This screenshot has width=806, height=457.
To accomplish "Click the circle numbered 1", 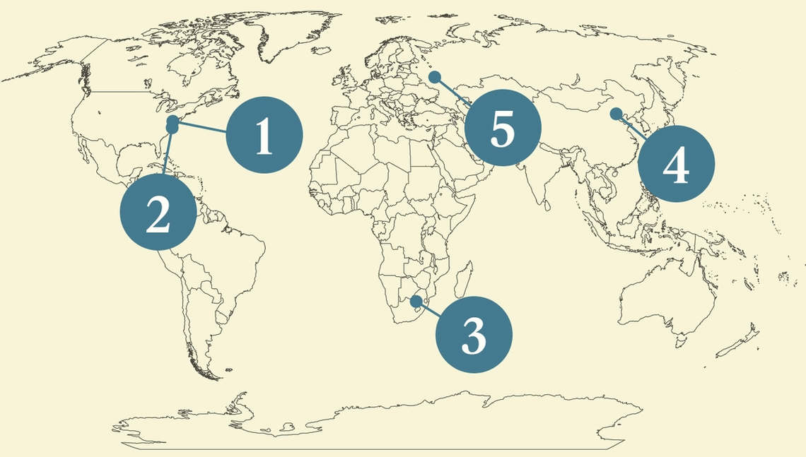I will click(x=264, y=134).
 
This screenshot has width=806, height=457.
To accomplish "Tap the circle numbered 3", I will click(x=473, y=335).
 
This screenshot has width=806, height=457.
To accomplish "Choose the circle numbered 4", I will click(x=676, y=165).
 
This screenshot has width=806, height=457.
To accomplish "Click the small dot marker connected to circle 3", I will click(x=416, y=301).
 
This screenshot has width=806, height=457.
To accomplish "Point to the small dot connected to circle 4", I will click(x=616, y=113).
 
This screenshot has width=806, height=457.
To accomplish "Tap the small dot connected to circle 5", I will click(x=436, y=76).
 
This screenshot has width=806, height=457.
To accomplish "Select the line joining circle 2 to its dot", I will click(x=167, y=155).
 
